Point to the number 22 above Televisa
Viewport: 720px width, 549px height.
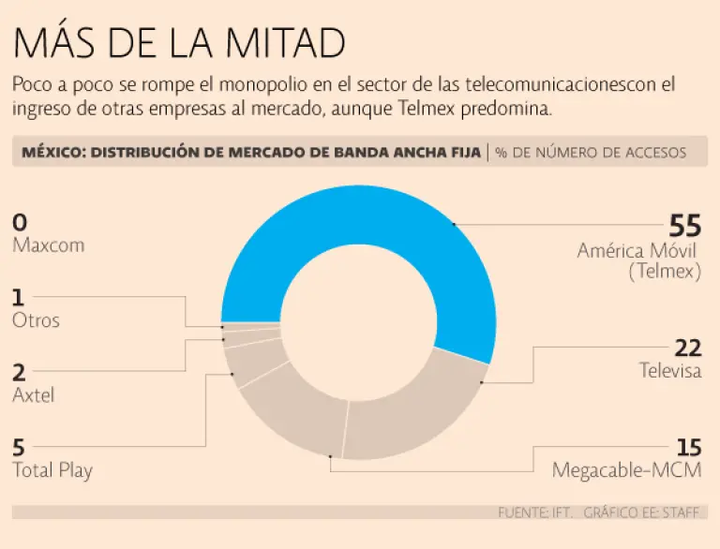pyautogui.click(x=688, y=348)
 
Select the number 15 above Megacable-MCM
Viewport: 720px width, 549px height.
pyautogui.click(x=689, y=448)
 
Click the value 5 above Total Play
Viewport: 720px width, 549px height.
pyautogui.click(x=19, y=448)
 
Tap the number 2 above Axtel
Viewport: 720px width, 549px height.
pyautogui.click(x=19, y=372)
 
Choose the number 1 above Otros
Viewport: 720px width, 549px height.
pyautogui.click(x=18, y=298)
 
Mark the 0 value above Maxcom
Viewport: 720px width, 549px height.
pyautogui.click(x=20, y=223)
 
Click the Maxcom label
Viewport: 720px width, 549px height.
pyautogui.click(x=49, y=245)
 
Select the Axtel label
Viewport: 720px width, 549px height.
pyautogui.click(x=34, y=394)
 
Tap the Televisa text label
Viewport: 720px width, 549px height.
pyautogui.click(x=670, y=370)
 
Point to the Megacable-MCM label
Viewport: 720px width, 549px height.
pyautogui.click(x=626, y=469)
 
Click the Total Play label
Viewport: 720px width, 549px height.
pyautogui.click(x=52, y=469)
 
